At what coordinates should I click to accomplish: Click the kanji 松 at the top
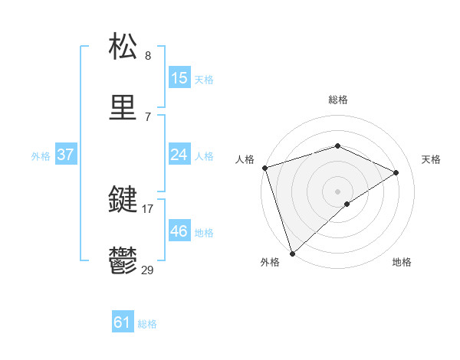point(124,47)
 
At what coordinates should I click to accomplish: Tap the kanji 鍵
point(124,200)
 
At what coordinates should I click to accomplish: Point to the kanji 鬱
point(124,262)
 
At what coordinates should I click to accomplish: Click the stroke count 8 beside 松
point(148,56)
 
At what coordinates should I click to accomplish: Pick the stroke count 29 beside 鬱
point(148,270)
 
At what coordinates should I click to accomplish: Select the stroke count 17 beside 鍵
point(148,208)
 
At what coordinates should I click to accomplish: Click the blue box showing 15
point(179,77)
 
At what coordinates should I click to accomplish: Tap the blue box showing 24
point(179,155)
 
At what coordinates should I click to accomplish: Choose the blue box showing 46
point(179,231)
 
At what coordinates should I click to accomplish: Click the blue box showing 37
point(65,155)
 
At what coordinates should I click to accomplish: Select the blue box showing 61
point(122,322)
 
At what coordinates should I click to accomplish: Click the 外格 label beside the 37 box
point(41,155)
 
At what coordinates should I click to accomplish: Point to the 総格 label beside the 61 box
point(147,324)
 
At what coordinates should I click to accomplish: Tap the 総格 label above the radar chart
point(338,100)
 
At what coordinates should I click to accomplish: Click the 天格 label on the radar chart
point(432,159)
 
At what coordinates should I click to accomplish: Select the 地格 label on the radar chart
point(402,262)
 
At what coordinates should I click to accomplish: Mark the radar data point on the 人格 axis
point(264,168)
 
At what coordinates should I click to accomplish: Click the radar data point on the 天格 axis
point(396,172)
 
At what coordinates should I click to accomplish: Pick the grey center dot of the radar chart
point(338,191)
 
